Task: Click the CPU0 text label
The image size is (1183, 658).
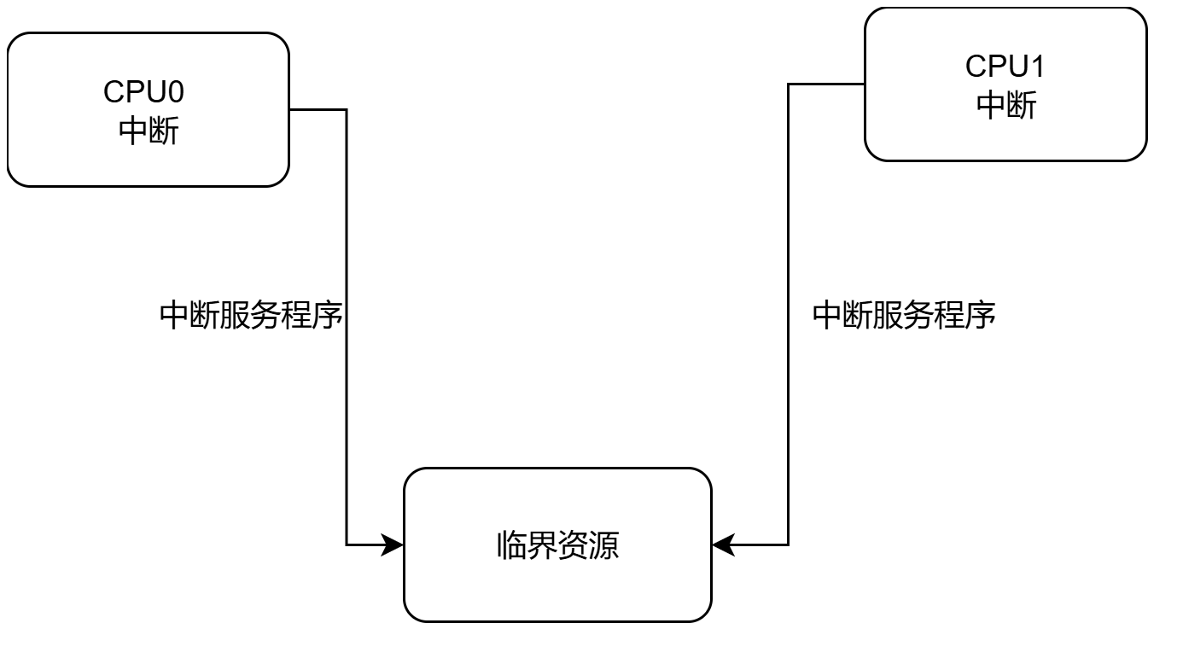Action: pos(143,91)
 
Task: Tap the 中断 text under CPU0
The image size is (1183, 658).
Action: pos(148,131)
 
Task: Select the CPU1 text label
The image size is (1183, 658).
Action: pos(1005,66)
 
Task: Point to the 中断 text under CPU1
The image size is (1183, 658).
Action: pos(1006,105)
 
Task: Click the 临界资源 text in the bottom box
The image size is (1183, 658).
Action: pos(557,545)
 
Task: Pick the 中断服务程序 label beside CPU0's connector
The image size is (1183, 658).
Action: pos(252,316)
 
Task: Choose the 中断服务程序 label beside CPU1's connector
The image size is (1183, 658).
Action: pos(904,316)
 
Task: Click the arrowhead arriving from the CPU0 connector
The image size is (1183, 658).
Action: pos(393,544)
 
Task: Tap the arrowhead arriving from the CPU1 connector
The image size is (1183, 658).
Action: pos(722,544)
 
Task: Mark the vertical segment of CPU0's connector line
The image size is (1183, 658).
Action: pos(347,384)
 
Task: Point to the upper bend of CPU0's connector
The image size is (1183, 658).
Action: pos(347,109)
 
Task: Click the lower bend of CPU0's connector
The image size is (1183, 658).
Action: pos(347,544)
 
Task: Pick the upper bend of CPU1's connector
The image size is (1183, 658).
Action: pos(788,84)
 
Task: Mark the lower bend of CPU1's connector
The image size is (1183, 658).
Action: pos(788,544)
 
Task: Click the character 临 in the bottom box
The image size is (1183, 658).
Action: pos(511,545)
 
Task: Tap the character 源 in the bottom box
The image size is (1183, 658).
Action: pos(604,545)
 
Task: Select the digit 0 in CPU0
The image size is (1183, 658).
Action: pos(174,91)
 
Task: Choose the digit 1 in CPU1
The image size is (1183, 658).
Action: pos(1037,66)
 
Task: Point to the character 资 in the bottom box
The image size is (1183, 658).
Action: pos(573,545)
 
